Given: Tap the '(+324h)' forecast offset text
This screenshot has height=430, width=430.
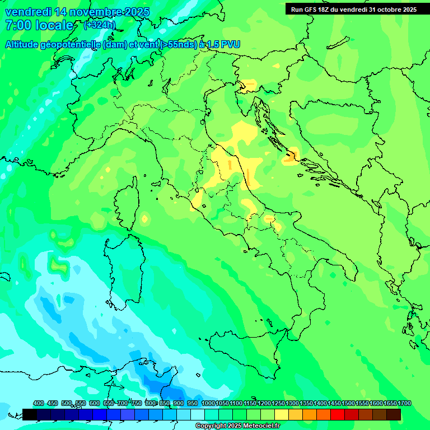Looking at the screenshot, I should tap(99, 25).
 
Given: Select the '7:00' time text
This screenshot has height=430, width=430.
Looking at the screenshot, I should tap(17, 25).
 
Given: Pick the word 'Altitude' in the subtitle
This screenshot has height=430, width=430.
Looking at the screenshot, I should tap(26, 45).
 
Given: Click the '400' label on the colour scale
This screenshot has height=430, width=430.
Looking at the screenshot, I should tap(39, 403).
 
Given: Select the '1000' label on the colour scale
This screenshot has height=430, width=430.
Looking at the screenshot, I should tap(208, 403).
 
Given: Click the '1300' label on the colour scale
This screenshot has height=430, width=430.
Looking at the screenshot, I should tap(292, 403).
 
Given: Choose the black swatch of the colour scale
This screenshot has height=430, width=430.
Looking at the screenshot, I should tap(30, 414).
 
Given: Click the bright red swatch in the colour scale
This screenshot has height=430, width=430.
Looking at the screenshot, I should tap(338, 414).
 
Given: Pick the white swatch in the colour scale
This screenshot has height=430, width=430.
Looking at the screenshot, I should tap(198, 414).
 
